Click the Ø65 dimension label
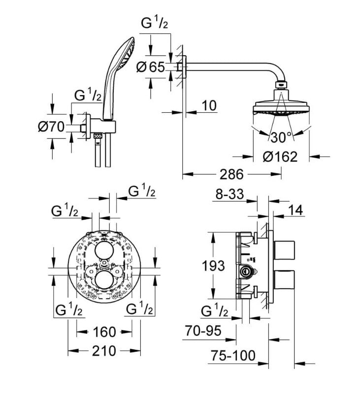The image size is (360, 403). (150, 67)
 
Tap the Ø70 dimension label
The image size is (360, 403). (51, 127)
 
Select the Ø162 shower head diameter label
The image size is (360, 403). (280, 157)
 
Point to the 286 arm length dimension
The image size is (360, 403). (232, 174)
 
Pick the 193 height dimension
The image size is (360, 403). (213, 266)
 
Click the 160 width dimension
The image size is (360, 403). (103, 331)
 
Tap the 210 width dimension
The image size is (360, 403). (103, 351)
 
